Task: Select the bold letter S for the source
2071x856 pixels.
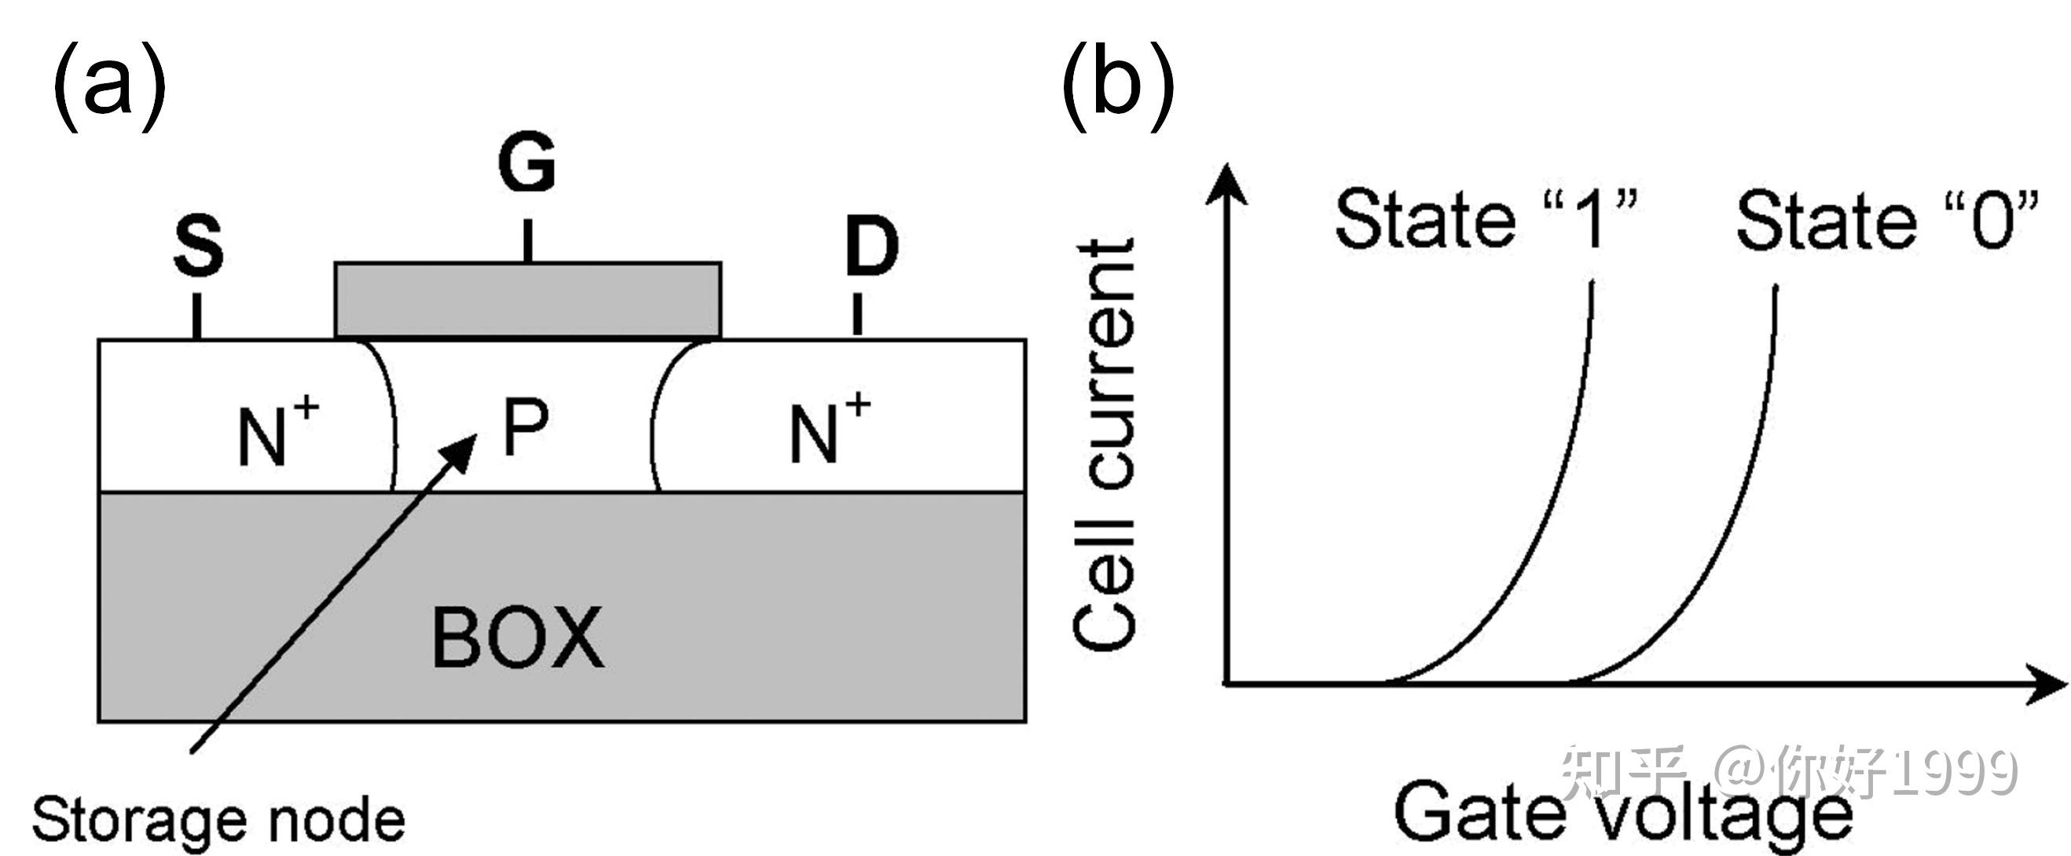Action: [199, 247]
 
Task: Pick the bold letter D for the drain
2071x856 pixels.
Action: [871, 247]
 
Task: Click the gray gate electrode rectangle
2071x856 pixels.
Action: [528, 299]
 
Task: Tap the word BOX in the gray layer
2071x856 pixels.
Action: [518, 638]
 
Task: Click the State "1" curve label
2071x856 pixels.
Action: [1486, 218]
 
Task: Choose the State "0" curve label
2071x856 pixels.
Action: [1887, 219]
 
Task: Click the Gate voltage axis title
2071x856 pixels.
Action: [1623, 814]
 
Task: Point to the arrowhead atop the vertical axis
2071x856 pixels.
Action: [1227, 183]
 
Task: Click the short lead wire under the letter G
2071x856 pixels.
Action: [527, 240]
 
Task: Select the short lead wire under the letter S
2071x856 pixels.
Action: [197, 316]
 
